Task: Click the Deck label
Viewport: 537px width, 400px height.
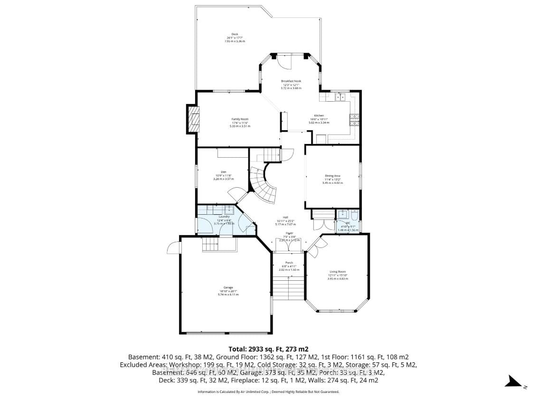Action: pyautogui.click(x=235, y=34)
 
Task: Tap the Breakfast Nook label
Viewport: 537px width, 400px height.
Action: pyautogui.click(x=291, y=81)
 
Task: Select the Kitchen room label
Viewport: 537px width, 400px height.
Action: pyautogui.click(x=319, y=116)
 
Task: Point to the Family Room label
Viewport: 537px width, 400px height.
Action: pyautogui.click(x=240, y=119)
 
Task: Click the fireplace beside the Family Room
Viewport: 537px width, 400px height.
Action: pyautogui.click(x=193, y=119)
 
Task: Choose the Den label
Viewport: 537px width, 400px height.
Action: pyautogui.click(x=223, y=172)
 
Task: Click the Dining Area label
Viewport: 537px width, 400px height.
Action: pyautogui.click(x=332, y=176)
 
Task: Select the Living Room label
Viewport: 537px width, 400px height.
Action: pyautogui.click(x=338, y=272)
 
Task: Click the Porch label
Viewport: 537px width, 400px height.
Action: pyautogui.click(x=289, y=263)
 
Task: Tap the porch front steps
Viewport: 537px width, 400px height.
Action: pyautogui.click(x=289, y=287)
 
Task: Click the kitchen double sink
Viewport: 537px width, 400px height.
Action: pyautogui.click(x=340, y=97)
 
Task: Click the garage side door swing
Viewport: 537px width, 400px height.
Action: pyautogui.click(x=174, y=248)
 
